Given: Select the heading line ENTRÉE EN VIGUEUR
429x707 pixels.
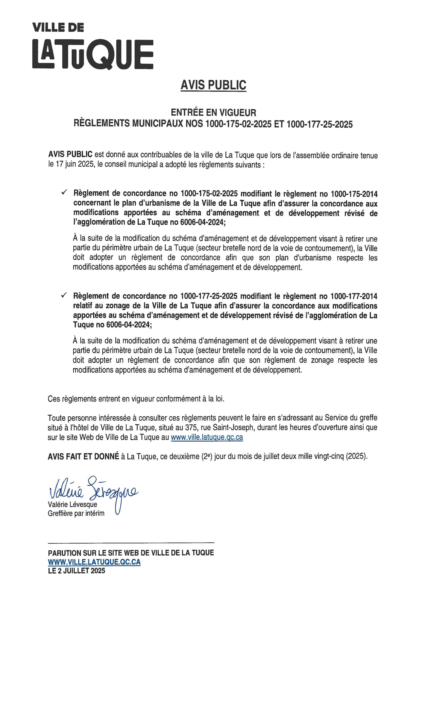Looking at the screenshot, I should point(213,112).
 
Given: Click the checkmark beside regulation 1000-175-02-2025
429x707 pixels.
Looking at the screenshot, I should point(64,193).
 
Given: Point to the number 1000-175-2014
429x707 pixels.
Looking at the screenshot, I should point(354,194).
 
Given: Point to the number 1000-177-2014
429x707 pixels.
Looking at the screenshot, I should point(354,296).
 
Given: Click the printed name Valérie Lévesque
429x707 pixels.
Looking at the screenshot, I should point(73,504).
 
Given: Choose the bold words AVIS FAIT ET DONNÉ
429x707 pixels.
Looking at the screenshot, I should point(83,456).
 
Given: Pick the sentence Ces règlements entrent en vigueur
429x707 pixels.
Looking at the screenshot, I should point(136,399).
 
